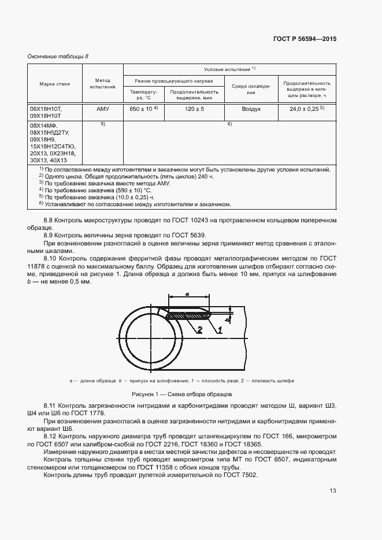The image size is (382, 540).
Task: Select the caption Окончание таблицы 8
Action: coord(58,56)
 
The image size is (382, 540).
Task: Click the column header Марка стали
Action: coord(54,84)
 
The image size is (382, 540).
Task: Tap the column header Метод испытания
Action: coord(102,84)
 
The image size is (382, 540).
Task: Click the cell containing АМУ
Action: coord(102,109)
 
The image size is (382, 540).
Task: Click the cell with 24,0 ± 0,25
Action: coord(306,109)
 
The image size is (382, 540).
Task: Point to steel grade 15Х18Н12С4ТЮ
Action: coord(55,147)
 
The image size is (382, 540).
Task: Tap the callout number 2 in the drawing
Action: coord(183,330)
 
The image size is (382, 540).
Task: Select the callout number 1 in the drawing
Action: coord(220,330)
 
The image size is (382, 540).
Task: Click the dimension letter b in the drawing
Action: coord(229,318)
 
